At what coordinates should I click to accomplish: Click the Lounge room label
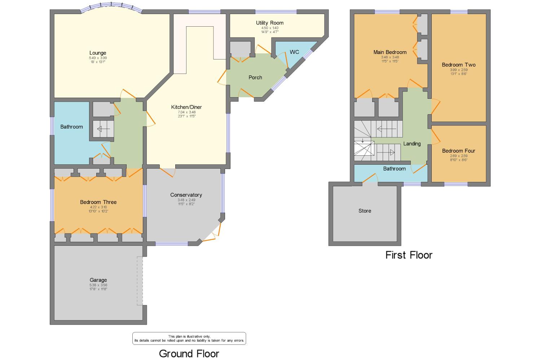(x=98, y=53)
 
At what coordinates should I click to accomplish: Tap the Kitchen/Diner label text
(x=186, y=107)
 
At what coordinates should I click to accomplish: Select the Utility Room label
(x=269, y=23)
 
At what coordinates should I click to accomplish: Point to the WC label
(x=294, y=52)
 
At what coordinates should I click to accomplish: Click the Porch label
(x=255, y=77)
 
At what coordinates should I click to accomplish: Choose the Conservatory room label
(x=186, y=195)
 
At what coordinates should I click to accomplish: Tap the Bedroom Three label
(x=98, y=202)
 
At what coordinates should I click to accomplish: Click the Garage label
(x=98, y=280)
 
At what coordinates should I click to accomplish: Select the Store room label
(x=365, y=211)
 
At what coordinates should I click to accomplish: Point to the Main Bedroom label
(x=390, y=52)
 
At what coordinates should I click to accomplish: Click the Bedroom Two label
(x=458, y=65)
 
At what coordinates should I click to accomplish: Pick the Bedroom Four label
(x=458, y=151)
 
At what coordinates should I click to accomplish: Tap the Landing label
(x=412, y=144)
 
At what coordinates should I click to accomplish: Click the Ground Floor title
(x=189, y=354)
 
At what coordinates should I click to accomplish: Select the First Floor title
(x=409, y=255)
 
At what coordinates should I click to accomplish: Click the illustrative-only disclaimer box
(x=189, y=338)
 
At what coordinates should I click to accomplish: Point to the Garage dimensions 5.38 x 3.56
(x=98, y=285)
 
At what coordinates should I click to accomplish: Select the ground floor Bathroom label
(x=71, y=127)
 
